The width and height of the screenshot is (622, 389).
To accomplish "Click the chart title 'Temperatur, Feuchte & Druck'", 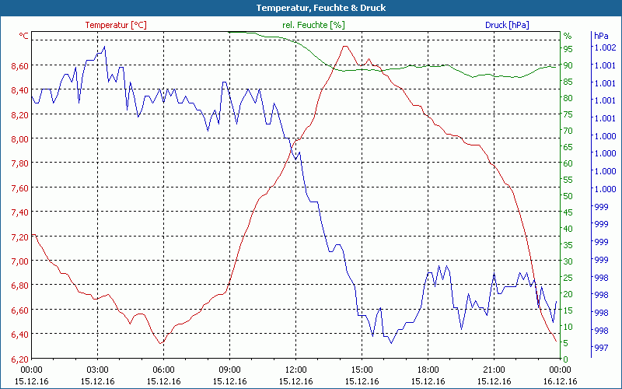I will tap(310, 8).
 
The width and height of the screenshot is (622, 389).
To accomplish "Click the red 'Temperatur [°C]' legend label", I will tap(116, 25).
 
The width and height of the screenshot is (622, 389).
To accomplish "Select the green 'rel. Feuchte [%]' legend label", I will tap(313, 25).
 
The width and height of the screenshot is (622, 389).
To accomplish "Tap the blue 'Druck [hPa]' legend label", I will tap(507, 25).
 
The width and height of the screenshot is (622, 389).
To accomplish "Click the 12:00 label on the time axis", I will tap(296, 370).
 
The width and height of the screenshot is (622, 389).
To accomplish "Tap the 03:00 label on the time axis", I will tap(97, 370).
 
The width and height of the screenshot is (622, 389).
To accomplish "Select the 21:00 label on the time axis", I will tap(494, 370).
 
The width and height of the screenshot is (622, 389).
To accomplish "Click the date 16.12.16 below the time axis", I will tap(561, 381).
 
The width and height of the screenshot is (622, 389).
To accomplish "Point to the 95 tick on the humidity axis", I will tap(568, 48).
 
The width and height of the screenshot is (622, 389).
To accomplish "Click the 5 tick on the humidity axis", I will tap(568, 343).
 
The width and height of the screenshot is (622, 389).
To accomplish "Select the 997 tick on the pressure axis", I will tap(601, 347).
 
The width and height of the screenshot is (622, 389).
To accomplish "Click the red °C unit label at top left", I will tap(24, 36).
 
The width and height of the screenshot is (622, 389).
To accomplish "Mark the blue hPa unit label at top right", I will tap(601, 36).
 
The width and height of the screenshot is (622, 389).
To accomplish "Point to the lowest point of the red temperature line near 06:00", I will tap(161, 343).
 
